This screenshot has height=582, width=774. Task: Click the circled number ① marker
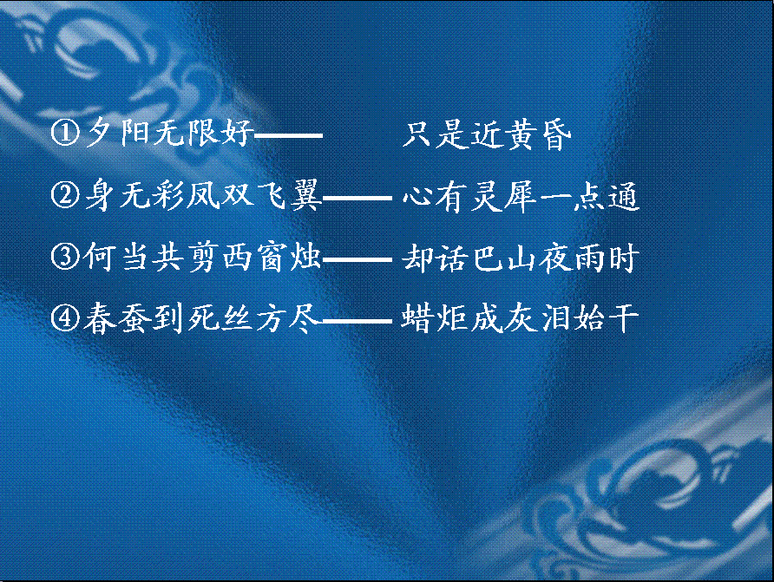[x=65, y=134]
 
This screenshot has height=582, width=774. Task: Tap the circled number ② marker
[x=65, y=195]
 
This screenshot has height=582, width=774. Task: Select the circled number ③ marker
[x=65, y=257]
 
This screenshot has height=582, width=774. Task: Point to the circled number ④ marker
[x=65, y=318]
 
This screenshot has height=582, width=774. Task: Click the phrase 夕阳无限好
[x=169, y=134]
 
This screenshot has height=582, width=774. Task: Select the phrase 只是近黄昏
[x=487, y=134]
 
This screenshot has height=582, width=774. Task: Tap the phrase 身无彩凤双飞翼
[x=203, y=195]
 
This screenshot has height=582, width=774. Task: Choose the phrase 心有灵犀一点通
[x=521, y=196]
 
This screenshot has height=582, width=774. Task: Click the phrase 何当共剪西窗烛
[x=202, y=257]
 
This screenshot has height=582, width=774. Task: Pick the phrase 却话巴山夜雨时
[x=519, y=258]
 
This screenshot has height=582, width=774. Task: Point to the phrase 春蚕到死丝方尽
[x=201, y=318]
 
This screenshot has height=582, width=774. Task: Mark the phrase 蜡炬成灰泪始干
[x=520, y=318]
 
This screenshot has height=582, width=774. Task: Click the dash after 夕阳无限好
[x=288, y=134]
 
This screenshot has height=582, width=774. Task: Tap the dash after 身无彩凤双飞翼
[x=357, y=198]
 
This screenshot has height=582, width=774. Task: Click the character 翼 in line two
[x=306, y=196]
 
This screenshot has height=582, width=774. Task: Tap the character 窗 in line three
[x=272, y=258]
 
